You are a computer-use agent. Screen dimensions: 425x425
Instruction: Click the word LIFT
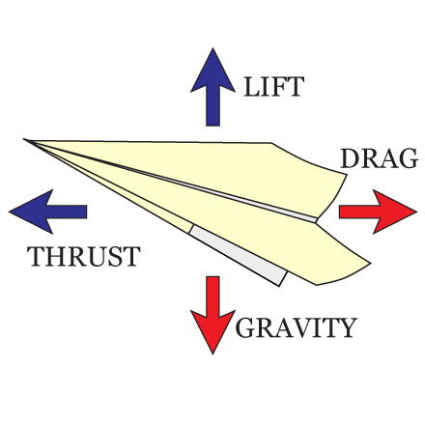tap(274, 87)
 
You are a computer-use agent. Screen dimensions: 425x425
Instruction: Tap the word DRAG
tap(379, 158)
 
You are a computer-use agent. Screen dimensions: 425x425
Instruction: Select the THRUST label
tap(84, 256)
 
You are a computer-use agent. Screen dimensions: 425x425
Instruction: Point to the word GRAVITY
tap(297, 327)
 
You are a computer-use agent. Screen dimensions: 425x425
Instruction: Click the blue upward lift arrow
tap(212, 87)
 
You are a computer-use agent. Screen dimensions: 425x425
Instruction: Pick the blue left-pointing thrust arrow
tap(48, 212)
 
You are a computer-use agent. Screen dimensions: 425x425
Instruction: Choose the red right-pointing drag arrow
tap(378, 212)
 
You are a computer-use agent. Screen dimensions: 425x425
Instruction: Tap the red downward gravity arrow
tap(212, 315)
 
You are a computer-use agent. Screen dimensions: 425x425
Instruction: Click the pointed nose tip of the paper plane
tap(24, 139)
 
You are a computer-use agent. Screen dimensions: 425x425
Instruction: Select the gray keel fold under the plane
tap(239, 254)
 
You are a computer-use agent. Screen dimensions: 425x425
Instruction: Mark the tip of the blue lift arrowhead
tap(212, 48)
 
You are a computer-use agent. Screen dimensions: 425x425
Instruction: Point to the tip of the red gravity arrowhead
tap(212, 354)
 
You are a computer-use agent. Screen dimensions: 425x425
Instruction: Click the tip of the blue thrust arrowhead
tap(10, 212)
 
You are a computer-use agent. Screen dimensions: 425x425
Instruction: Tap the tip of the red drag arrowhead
tap(417, 212)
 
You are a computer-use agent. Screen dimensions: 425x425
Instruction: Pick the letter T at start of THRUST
tap(36, 256)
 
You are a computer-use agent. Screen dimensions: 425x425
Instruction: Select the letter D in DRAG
tap(350, 158)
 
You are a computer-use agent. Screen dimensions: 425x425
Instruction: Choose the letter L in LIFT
tap(252, 87)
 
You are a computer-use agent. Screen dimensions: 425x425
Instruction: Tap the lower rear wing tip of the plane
tap(370, 263)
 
